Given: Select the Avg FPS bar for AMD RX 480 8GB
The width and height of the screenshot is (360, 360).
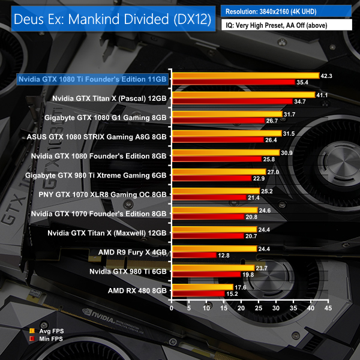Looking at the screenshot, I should pyautogui.click(x=202, y=287).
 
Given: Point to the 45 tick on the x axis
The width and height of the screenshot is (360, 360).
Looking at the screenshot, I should pyautogui.click(x=328, y=308).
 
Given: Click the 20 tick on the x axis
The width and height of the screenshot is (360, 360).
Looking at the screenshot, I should pyautogui.click(x=241, y=308).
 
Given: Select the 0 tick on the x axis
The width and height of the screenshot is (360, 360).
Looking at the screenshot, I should pyautogui.click(x=172, y=308).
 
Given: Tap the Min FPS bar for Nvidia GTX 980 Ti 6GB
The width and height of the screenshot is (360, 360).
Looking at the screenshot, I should pyautogui.click(x=206, y=274).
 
